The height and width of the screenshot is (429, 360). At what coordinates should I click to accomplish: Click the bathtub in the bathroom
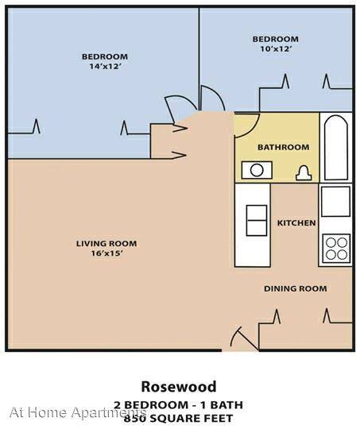point(336,148)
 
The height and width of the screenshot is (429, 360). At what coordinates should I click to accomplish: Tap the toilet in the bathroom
point(304,173)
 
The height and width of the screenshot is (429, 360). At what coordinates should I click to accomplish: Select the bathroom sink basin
point(257,170)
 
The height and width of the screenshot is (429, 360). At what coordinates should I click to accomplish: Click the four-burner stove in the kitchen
point(336,249)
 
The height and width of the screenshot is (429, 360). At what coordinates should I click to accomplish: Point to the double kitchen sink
point(257,220)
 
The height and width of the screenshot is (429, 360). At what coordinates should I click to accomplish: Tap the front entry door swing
point(244,338)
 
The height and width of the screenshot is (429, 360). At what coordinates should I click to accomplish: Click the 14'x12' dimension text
point(105,67)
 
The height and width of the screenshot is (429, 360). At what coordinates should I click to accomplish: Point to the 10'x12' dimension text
point(275,49)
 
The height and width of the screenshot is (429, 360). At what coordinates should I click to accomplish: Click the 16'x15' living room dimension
point(106,253)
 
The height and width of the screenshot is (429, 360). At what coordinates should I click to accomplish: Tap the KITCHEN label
point(296,223)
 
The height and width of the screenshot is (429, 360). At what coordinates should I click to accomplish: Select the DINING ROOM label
point(296,288)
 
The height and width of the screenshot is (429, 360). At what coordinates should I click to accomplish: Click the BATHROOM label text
point(284,147)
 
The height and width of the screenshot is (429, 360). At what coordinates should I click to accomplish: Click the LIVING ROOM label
point(106,244)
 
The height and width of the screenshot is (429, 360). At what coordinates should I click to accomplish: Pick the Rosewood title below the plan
point(179,387)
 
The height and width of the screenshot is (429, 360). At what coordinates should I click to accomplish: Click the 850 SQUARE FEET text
point(179,419)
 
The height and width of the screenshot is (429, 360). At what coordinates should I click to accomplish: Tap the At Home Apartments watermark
point(77,412)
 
